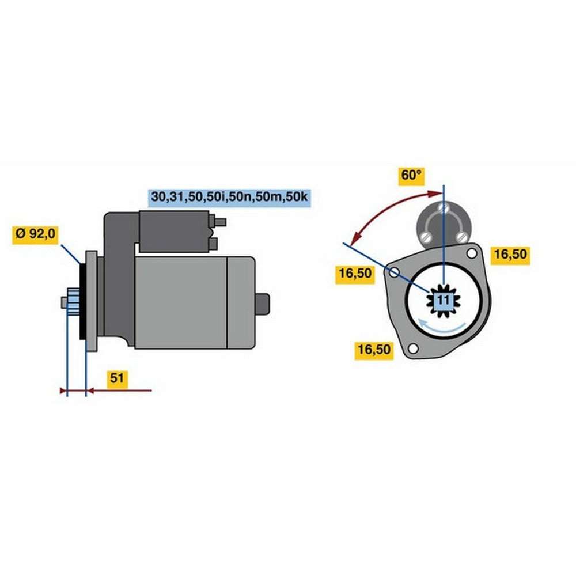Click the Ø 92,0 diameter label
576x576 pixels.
pyautogui.click(x=36, y=234)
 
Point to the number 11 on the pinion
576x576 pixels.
pyautogui.click(x=444, y=300)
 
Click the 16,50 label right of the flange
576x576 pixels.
pyautogui.click(x=510, y=255)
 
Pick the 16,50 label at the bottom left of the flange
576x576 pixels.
pyautogui.click(x=374, y=350)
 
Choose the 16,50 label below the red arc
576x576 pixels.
pyautogui.click(x=354, y=274)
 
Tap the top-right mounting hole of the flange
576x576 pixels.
pyautogui.click(x=472, y=252)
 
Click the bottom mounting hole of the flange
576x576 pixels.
pyautogui.click(x=412, y=348)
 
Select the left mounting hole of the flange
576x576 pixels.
pyautogui.click(x=395, y=272)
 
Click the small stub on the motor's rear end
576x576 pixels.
pyautogui.click(x=262, y=304)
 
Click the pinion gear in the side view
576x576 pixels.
pyautogui.click(x=72, y=302)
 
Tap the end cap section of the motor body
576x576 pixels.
pyautogui.click(x=241, y=302)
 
